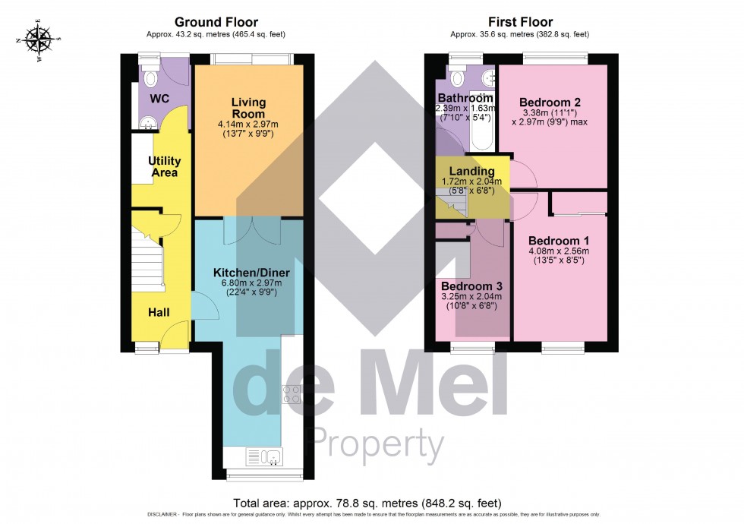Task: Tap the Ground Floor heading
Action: coord(216,22)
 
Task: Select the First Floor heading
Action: coord(519,22)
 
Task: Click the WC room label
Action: coord(159,99)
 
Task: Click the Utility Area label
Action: coord(163,167)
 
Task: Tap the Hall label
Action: coord(159,312)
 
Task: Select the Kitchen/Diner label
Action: coord(251,273)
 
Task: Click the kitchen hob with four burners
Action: coord(292,393)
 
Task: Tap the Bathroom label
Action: coord(465,98)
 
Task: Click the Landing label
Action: coord(472,172)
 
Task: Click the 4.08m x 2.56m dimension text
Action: coord(560,251)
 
